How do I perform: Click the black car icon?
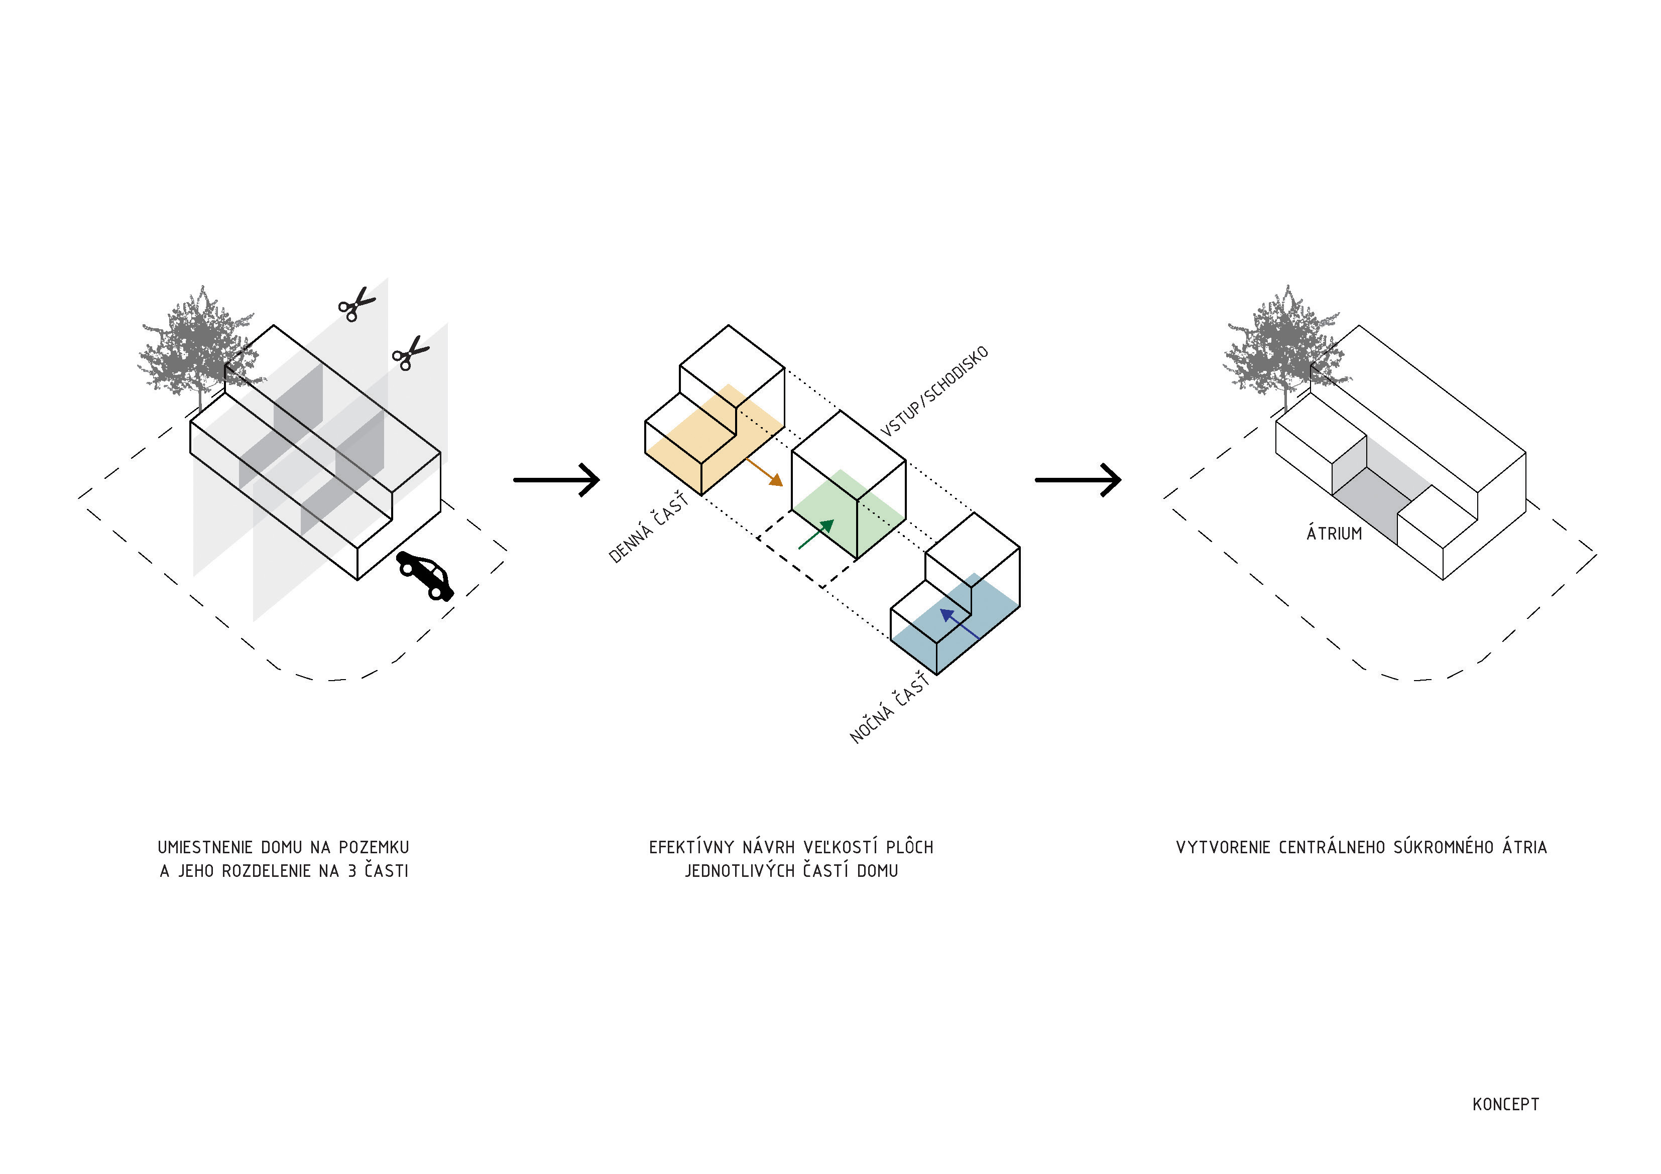(425, 576)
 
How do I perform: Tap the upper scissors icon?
(356, 304)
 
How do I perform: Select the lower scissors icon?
(410, 354)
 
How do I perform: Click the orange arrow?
(764, 471)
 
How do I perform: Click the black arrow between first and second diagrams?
(556, 479)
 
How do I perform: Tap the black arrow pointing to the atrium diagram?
(1078, 479)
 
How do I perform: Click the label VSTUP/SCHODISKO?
(934, 392)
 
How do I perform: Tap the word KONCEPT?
(1505, 1105)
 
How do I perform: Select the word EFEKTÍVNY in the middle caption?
(691, 847)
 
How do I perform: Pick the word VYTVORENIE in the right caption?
(1223, 847)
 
